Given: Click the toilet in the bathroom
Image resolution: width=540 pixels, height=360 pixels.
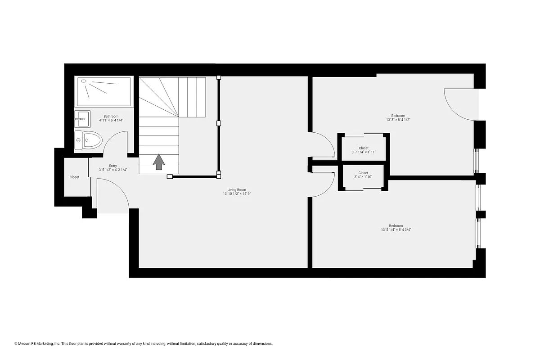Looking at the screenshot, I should click(x=88, y=140).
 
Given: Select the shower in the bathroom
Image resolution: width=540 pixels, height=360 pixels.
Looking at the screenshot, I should click(x=104, y=92).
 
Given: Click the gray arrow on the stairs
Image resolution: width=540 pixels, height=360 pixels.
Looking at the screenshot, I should click(x=159, y=162).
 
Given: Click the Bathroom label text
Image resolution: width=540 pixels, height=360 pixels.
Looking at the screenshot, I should click(x=111, y=116).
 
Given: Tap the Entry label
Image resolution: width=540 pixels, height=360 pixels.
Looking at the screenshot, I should click(x=113, y=166).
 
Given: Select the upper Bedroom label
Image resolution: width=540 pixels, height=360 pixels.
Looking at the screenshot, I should click(x=398, y=116).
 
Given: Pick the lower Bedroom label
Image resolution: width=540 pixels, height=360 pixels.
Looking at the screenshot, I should click(x=396, y=225).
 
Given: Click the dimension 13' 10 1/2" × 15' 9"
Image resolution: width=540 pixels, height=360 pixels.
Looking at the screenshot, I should click(x=237, y=194).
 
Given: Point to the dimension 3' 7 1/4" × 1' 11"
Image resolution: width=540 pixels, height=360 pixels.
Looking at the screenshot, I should click(x=364, y=152).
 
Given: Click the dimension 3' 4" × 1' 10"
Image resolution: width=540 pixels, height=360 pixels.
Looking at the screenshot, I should click(x=363, y=177).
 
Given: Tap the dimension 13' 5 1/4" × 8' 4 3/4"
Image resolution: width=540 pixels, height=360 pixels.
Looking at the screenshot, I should click(x=396, y=229).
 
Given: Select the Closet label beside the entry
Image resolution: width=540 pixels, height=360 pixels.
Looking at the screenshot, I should click(x=74, y=177).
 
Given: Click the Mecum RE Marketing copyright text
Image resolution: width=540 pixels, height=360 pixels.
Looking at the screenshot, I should click(x=144, y=343).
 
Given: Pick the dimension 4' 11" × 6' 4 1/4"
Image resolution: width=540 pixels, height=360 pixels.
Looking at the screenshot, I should click(x=111, y=120).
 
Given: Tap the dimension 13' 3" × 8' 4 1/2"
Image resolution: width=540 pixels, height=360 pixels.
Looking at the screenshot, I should click(x=398, y=120).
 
